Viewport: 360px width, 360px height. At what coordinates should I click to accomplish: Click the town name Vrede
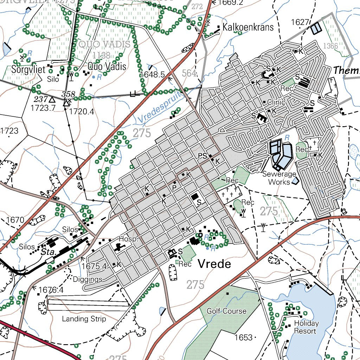214,264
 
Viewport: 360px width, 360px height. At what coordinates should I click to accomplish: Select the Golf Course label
226,311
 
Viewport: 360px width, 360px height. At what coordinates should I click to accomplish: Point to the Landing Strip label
84,319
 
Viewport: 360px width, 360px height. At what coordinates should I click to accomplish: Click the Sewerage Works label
279,178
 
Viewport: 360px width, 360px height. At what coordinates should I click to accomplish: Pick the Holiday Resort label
306,327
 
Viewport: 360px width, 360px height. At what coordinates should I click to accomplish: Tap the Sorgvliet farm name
28,69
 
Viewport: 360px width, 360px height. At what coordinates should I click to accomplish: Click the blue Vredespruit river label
160,108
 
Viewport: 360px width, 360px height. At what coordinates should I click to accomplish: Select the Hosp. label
127,239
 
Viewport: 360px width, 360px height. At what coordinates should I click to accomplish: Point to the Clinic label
276,102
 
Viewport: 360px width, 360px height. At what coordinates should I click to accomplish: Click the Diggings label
88,279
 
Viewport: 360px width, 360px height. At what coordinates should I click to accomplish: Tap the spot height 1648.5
152,75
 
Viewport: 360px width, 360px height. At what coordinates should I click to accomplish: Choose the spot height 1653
244,337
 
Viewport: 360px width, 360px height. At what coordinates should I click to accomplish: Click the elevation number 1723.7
43,108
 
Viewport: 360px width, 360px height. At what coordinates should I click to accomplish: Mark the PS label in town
202,156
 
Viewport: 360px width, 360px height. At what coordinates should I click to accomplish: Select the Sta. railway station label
46,252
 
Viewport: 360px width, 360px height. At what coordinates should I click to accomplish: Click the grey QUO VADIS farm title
104,45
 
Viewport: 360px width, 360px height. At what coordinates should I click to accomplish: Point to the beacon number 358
68,94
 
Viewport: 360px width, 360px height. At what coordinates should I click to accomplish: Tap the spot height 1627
300,22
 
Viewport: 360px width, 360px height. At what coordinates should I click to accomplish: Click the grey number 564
189,73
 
